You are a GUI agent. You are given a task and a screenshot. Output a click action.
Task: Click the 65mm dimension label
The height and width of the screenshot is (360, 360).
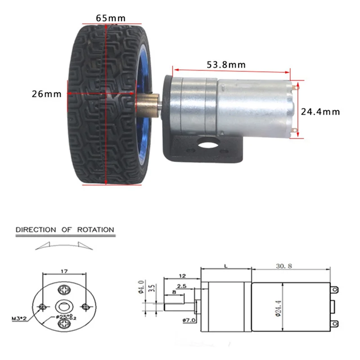point(110,18)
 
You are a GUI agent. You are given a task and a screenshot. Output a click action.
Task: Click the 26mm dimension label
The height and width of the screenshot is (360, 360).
point(46,94)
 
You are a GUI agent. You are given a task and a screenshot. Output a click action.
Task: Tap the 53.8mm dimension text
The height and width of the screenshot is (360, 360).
point(226,64)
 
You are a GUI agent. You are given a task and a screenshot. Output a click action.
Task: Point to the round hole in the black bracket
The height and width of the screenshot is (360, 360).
point(207,144)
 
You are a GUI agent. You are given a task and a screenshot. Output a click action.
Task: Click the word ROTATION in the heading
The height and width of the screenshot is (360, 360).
point(95,229)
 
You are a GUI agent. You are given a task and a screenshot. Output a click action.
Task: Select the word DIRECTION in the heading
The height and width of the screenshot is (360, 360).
point(36,229)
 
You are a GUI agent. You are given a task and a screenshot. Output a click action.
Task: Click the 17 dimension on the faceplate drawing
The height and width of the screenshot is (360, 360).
point(64,271)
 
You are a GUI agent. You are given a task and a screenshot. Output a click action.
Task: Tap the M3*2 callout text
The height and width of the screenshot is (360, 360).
point(19,319)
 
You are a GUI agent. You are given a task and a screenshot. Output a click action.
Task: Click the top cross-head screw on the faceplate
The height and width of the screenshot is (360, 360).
point(64,288)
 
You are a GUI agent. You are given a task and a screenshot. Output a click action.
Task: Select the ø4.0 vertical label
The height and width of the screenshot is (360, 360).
point(141,287)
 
